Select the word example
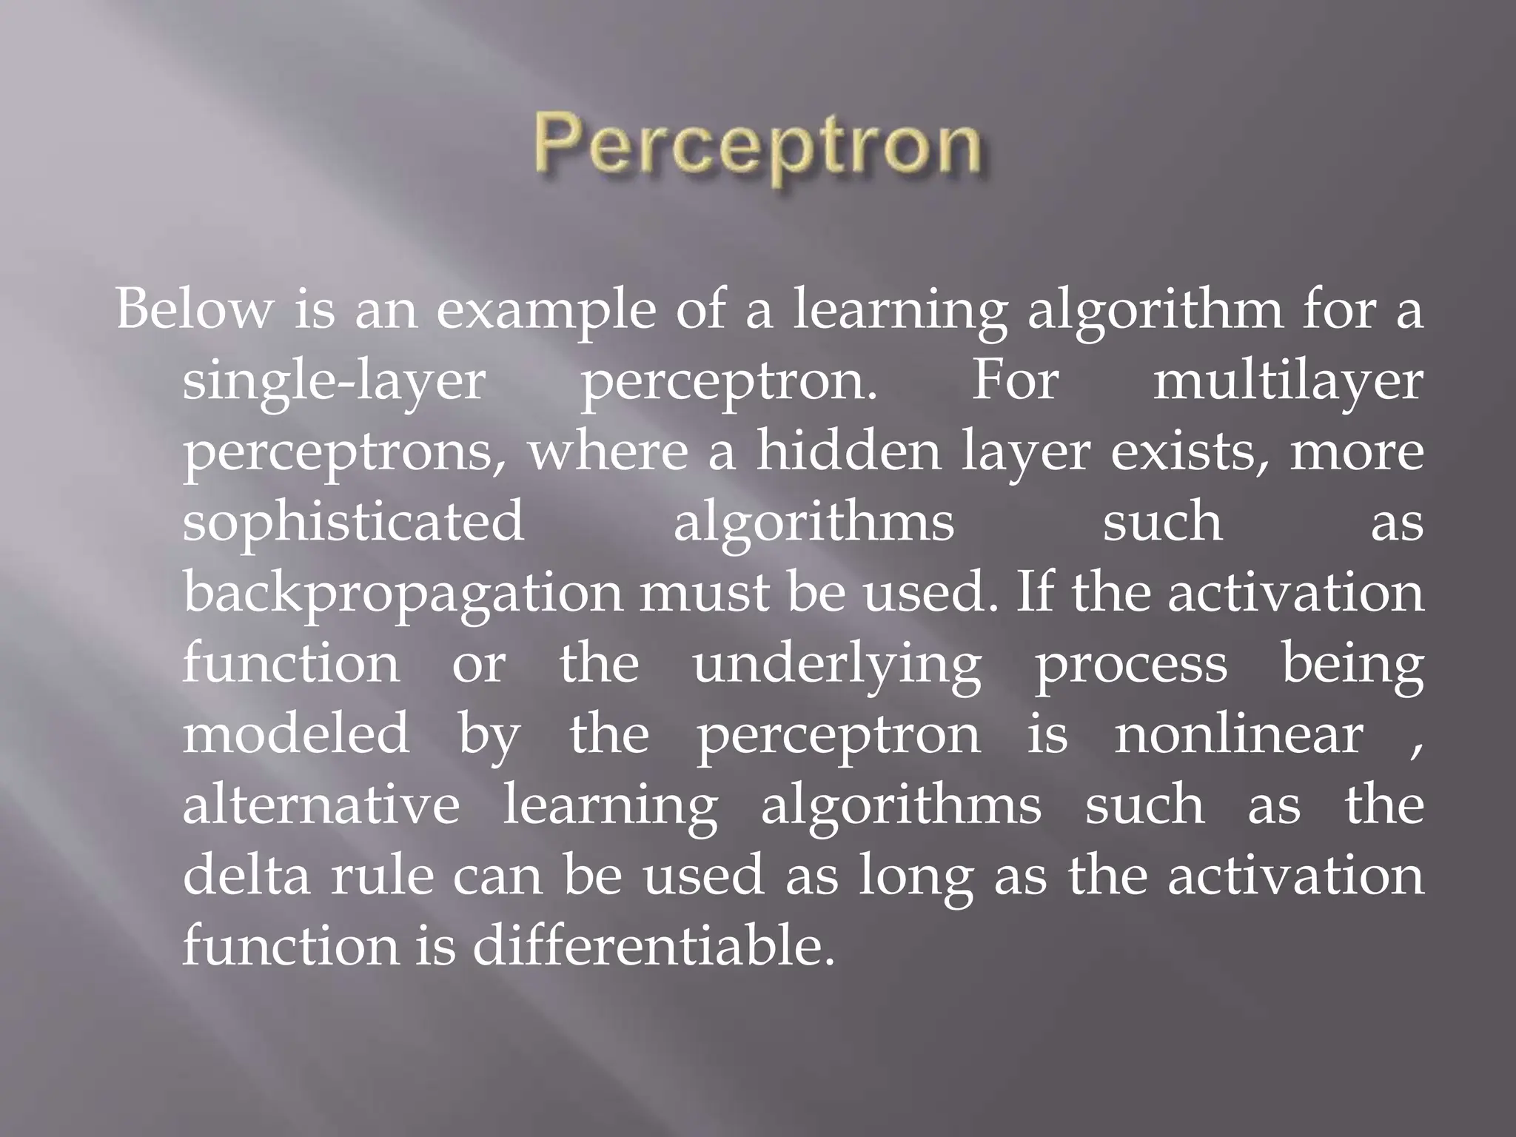[546, 311]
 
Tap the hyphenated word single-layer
[334, 383]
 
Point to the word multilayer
[1288, 383]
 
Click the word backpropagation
[403, 594]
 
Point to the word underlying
[836, 665]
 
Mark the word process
[1130, 665]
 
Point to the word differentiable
[648, 945]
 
